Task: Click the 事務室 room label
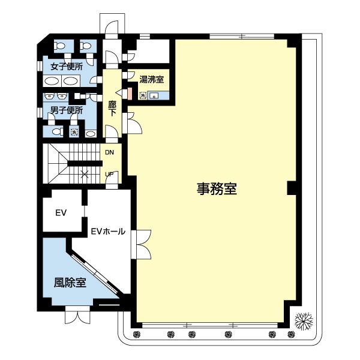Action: pyautogui.click(x=217, y=189)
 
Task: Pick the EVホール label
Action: pyautogui.click(x=108, y=230)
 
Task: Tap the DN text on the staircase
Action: pyautogui.click(x=109, y=152)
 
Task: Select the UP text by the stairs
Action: pyautogui.click(x=109, y=175)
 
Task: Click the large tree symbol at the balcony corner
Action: pyautogui.click(x=305, y=322)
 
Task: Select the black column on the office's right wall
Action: pyautogui.click(x=291, y=188)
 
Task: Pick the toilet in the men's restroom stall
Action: pyautogui.click(x=56, y=131)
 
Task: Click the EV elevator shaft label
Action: pyautogui.click(x=60, y=213)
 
